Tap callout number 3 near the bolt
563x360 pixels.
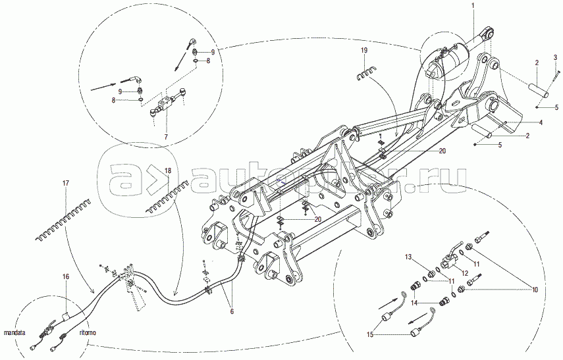[555, 57]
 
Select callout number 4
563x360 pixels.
[539, 122]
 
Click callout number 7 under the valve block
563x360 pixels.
[165, 136]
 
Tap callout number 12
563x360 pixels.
[464, 272]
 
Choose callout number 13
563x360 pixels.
[408, 256]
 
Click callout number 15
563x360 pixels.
[371, 335]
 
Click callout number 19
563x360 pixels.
[363, 50]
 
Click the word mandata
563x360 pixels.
[14, 333]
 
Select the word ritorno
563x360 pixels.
[88, 333]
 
